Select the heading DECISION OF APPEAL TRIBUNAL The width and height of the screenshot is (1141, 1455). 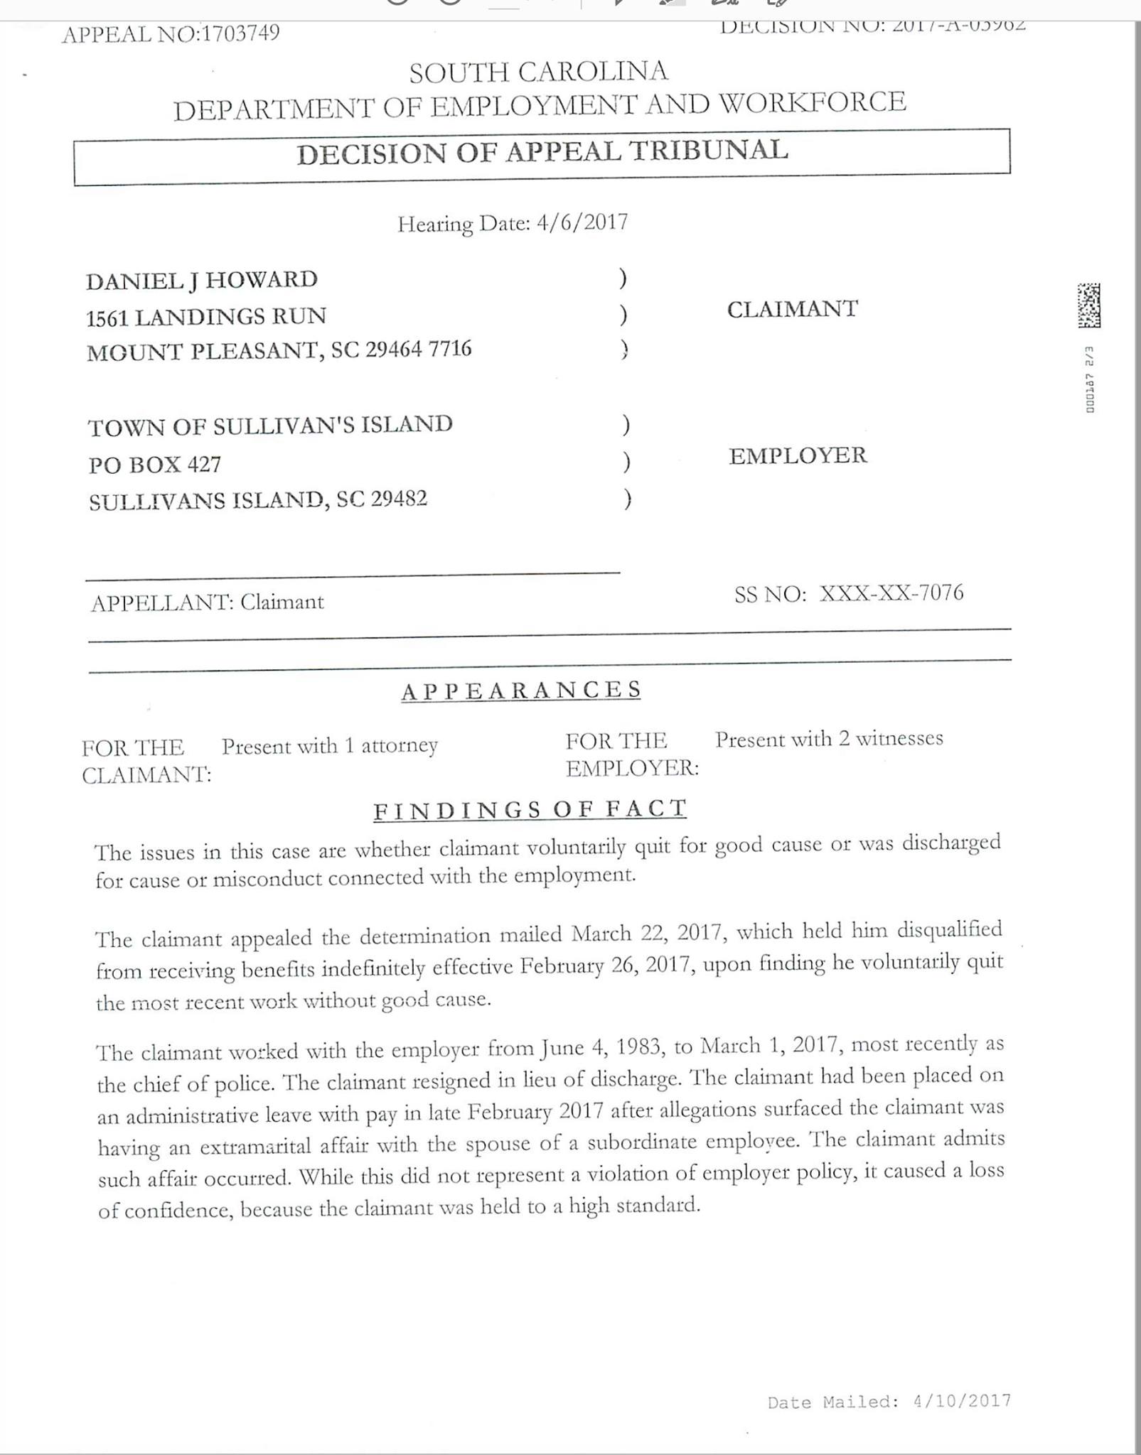tap(542, 152)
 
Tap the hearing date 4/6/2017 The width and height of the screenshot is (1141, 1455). tap(582, 222)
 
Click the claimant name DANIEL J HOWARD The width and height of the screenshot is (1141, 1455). tap(202, 280)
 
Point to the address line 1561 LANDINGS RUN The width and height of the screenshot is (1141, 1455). tap(206, 316)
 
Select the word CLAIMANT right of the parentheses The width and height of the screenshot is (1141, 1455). tap(792, 309)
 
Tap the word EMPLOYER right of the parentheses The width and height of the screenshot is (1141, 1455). tap(798, 455)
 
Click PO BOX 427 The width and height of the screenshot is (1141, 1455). tap(155, 465)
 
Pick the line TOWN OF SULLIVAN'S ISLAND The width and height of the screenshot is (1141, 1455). tap(270, 426)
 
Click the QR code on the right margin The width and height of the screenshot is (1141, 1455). tap(1088, 305)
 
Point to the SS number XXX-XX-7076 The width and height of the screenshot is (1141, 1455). tap(891, 593)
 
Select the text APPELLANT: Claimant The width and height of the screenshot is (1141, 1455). tap(207, 602)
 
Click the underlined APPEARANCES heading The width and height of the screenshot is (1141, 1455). tap(521, 691)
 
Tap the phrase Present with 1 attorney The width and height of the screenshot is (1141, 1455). tap(329, 746)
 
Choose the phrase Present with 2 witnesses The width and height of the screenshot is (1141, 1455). tap(829, 739)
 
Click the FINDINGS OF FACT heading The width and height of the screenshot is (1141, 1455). tap(530, 809)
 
